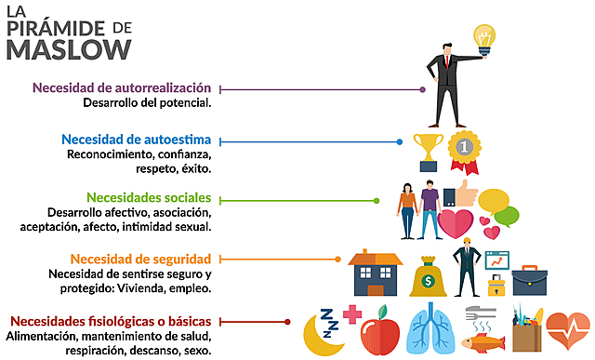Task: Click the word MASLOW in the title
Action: pos(69,48)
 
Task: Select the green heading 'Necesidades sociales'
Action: pos(149,197)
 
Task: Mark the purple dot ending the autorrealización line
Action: pos(423,89)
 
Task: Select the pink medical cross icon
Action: pos(352,313)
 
